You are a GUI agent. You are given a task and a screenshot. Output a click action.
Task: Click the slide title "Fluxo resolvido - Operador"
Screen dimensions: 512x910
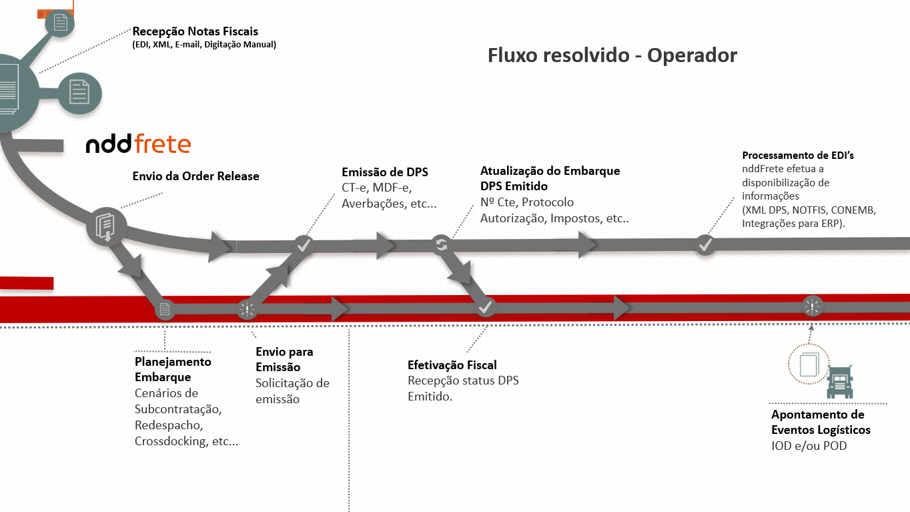pos(612,55)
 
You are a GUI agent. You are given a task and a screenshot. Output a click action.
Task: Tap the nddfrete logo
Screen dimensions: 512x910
pos(138,144)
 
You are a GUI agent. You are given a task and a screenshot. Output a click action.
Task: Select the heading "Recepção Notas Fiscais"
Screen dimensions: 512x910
pos(195,31)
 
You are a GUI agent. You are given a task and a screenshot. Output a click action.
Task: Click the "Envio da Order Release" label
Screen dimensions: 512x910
pos(195,176)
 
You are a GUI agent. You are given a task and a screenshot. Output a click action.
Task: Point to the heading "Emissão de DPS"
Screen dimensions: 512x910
pos(384,172)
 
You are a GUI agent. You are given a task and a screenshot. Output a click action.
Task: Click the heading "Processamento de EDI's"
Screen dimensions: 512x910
pos(798,155)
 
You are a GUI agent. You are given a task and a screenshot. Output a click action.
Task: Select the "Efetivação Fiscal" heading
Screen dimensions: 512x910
pos(452,365)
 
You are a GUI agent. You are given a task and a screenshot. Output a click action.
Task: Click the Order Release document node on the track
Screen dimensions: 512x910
pos(105,226)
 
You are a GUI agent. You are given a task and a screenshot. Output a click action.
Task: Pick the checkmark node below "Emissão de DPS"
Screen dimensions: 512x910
pos(304,245)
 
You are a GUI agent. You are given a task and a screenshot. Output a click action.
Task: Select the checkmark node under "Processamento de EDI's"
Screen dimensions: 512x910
pos(705,245)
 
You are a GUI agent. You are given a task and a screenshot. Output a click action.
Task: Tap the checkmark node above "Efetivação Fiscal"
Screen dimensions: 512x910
pos(485,308)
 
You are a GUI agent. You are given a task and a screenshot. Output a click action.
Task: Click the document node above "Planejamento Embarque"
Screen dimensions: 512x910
pos(165,309)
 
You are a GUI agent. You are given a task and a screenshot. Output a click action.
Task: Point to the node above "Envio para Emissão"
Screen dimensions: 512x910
pos(247,309)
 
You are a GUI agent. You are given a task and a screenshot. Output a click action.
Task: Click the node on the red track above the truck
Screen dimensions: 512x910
pos(812,306)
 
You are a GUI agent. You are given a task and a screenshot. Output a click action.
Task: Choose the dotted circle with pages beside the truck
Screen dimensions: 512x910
pos(808,364)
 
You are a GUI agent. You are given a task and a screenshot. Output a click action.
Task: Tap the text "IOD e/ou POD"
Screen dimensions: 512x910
pos(809,445)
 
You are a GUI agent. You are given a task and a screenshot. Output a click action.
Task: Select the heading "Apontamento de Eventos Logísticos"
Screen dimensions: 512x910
pos(820,423)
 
